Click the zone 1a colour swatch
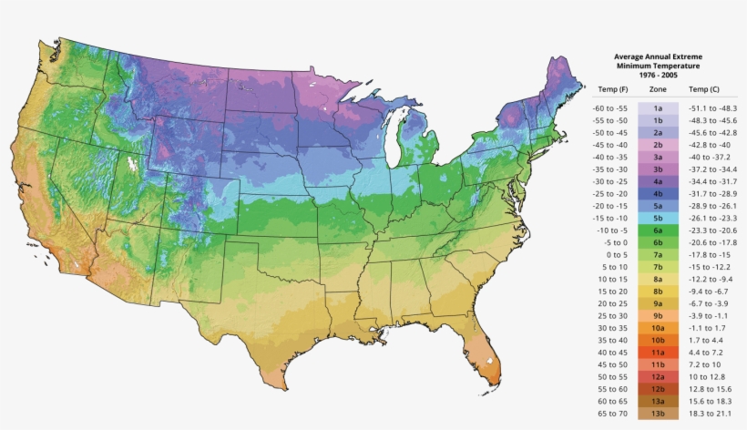pos(657,107)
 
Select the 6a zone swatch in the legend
pos(657,231)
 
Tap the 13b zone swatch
pos(657,414)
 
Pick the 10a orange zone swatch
pos(657,327)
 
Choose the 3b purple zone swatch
pos(657,169)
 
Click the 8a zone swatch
pos(657,279)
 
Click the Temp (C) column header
pos(704,89)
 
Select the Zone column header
pos(657,89)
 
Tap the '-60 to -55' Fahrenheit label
pos(611,107)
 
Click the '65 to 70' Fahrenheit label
pos(611,414)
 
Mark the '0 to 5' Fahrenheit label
pos(611,255)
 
